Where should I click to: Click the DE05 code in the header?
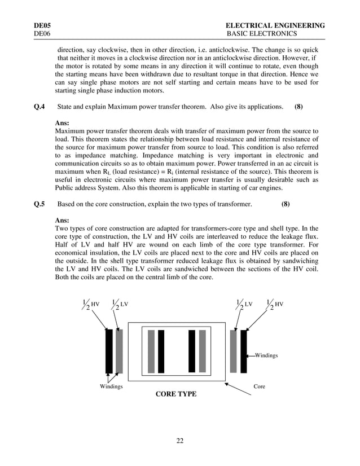click(43, 25)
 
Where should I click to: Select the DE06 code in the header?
click(43, 34)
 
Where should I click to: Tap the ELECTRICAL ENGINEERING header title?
click(275, 25)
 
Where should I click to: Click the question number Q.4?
click(40, 107)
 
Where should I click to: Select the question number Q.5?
click(40, 204)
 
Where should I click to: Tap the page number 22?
click(179, 441)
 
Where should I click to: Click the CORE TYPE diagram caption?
click(176, 394)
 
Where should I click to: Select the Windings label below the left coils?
click(111, 386)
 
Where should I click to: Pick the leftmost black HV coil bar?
click(109, 351)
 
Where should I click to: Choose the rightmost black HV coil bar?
click(244, 351)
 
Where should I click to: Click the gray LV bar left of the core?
click(119, 351)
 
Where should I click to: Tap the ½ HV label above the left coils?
click(90, 305)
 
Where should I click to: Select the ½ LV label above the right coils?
click(244, 305)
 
